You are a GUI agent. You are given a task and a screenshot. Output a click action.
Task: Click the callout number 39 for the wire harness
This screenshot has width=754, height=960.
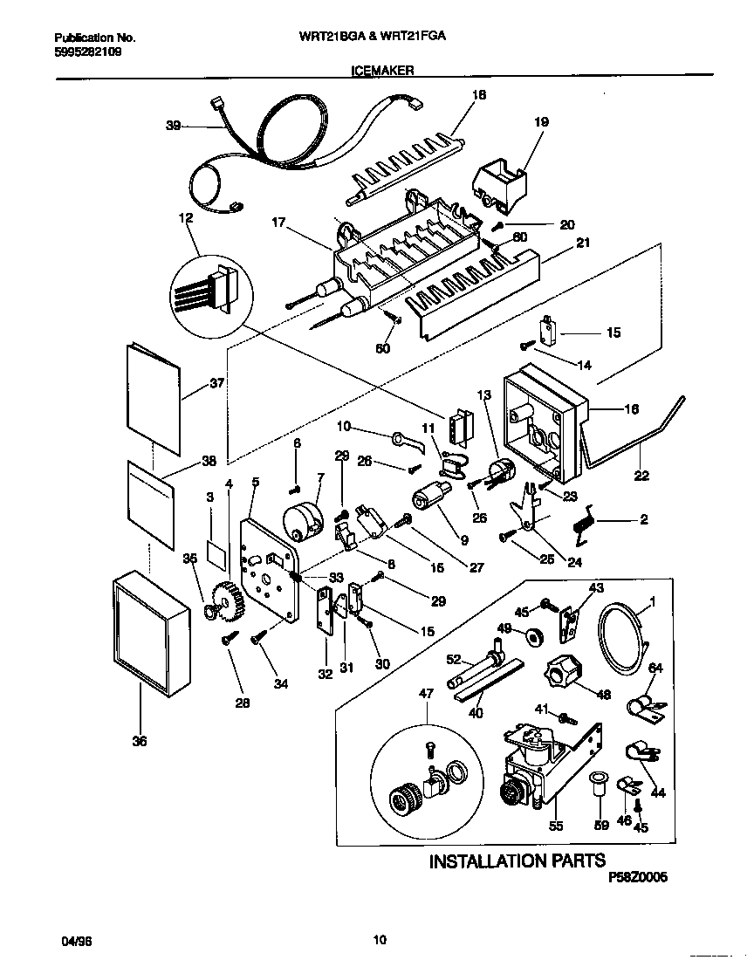coord(173,127)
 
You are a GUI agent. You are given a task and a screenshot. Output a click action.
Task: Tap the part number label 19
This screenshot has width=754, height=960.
coord(541,123)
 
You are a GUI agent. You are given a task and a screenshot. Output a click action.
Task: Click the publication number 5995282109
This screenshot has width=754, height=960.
coord(87,52)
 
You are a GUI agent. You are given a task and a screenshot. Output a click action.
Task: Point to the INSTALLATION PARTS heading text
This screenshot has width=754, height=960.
coord(517,861)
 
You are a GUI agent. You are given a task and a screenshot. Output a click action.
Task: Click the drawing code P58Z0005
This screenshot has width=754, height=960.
coord(637,880)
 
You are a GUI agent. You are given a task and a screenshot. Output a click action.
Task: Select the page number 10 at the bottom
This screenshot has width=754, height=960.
coord(379,941)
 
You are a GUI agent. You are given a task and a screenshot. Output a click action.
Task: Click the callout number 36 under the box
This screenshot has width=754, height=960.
coord(140,742)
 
